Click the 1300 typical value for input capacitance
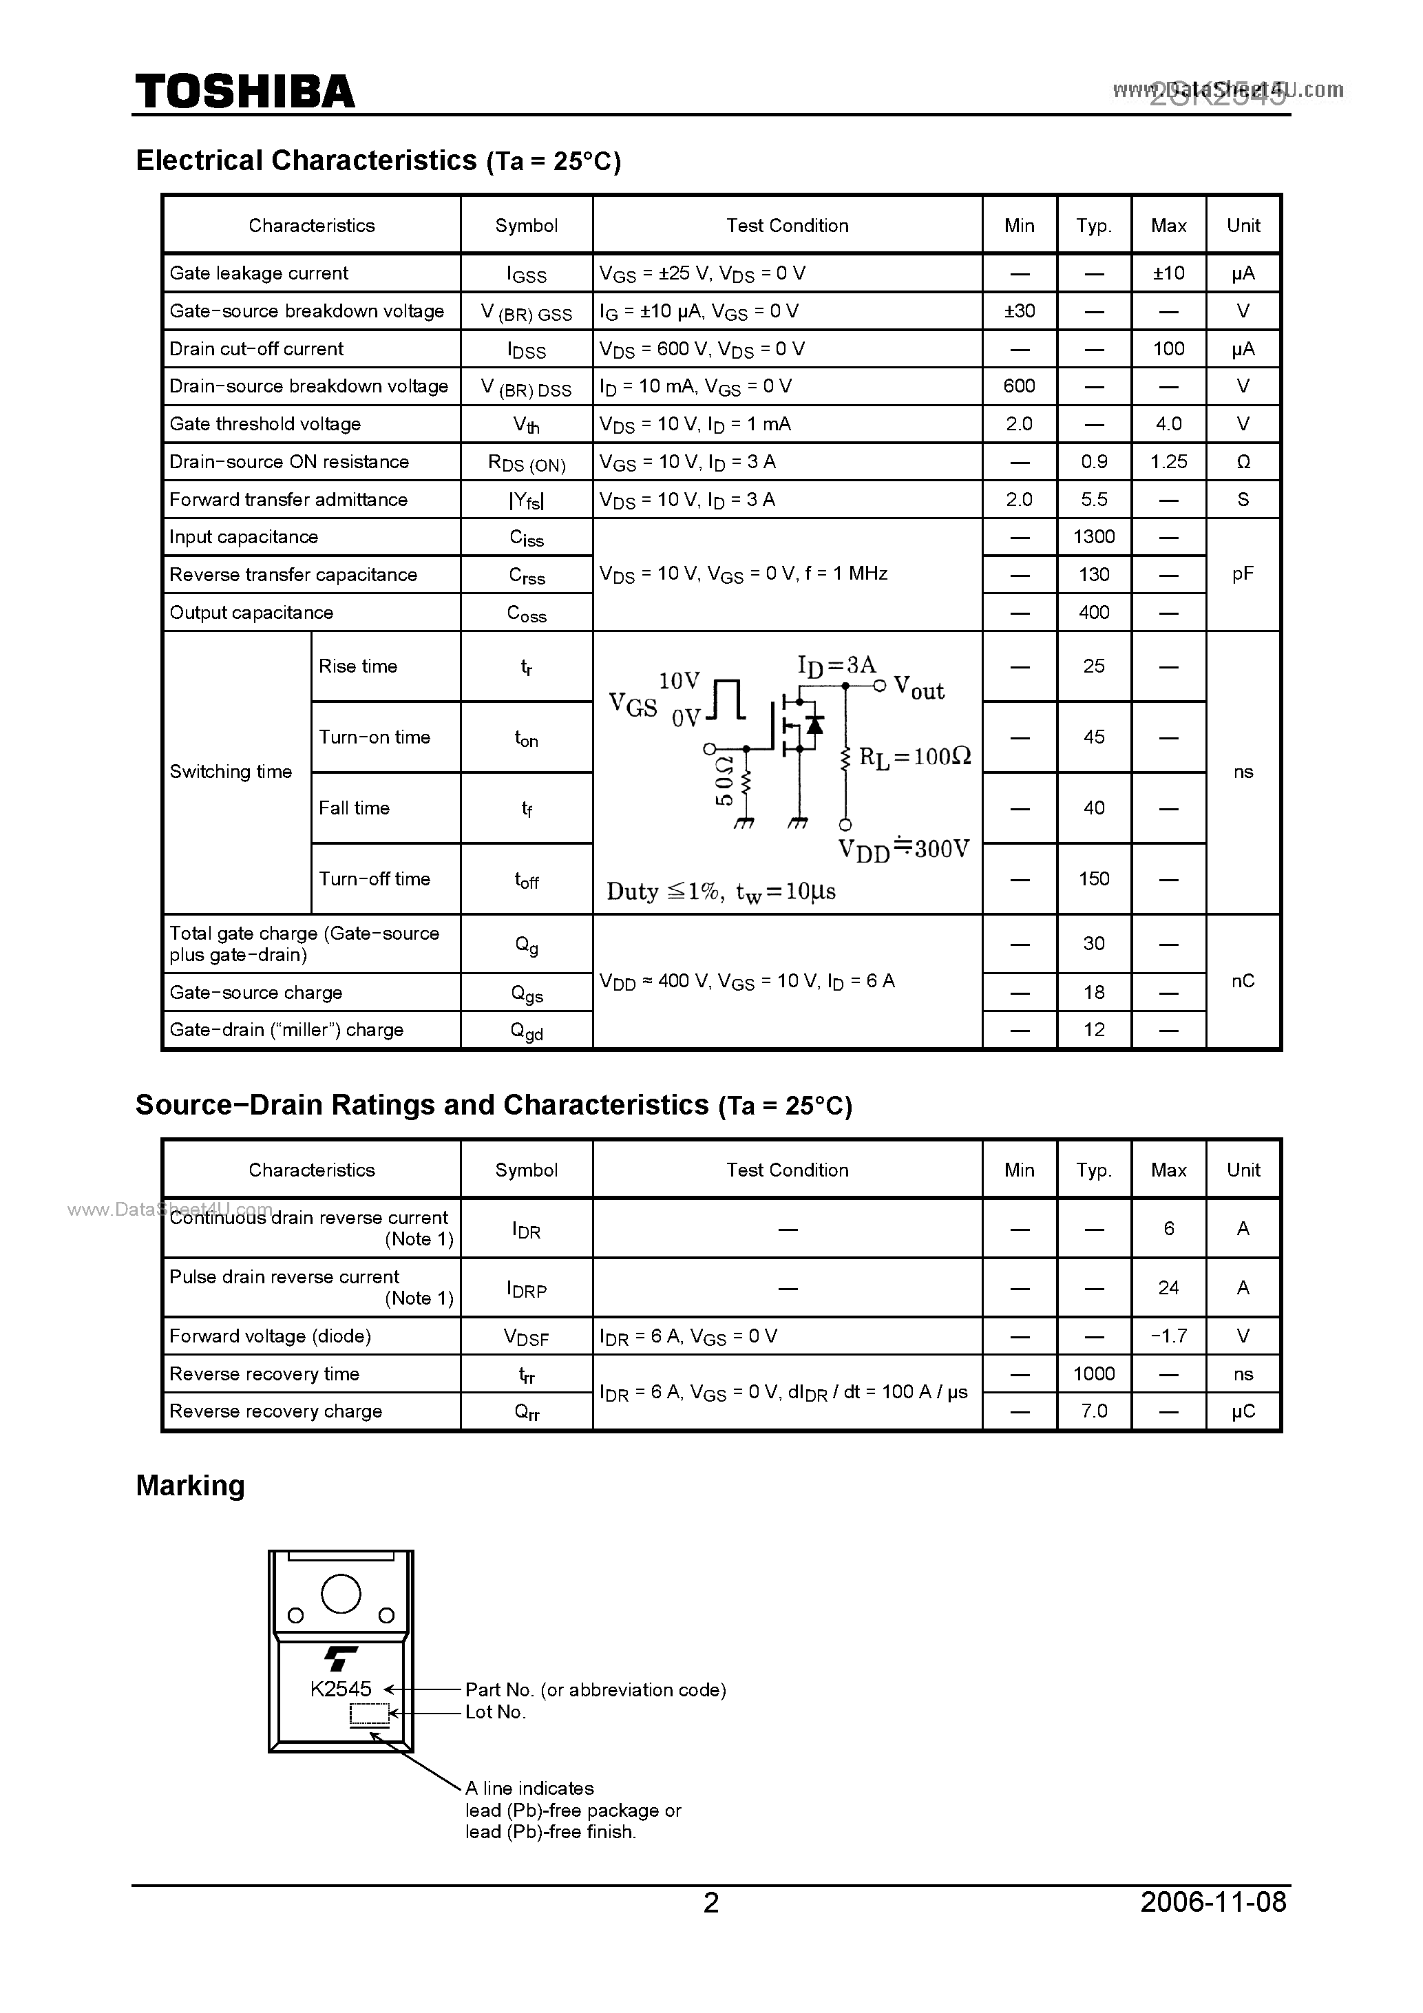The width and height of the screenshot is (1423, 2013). [x=1093, y=536]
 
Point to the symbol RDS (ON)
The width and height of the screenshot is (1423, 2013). [x=526, y=463]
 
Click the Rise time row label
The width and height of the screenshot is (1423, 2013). [x=358, y=666]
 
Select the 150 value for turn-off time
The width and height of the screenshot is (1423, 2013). [x=1093, y=879]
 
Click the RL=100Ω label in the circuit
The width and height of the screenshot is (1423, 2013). [x=914, y=757]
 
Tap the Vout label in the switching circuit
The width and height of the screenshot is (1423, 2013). [x=918, y=688]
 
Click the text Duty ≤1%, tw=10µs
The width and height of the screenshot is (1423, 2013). [x=721, y=892]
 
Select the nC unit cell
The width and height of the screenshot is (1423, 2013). [x=1243, y=981]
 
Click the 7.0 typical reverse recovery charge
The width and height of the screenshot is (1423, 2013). [x=1093, y=1411]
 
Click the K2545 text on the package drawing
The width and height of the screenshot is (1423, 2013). [x=340, y=1689]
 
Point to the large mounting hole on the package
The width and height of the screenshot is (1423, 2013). [x=340, y=1594]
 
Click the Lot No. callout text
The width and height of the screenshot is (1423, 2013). [x=496, y=1712]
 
